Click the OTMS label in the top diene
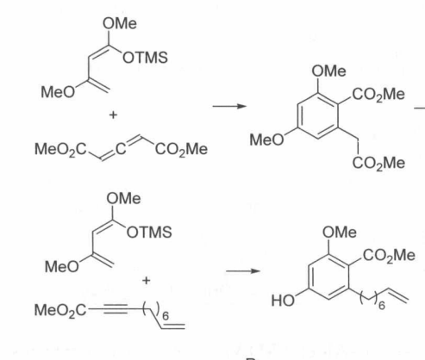[x=145, y=58]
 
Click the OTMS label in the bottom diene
[x=149, y=233]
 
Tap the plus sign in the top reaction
[x=113, y=115]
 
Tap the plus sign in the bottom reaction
[x=146, y=280]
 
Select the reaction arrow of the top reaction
[x=229, y=106]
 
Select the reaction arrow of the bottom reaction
[x=243, y=270]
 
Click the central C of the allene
[x=121, y=149]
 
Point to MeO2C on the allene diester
[x=60, y=150]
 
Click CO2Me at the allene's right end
[x=181, y=150]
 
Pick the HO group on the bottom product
[x=283, y=301]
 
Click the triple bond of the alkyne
[x=116, y=309]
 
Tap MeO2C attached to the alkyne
[x=60, y=311]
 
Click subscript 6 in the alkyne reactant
[x=166, y=316]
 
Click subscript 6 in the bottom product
[x=381, y=306]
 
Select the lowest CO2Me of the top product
[x=378, y=164]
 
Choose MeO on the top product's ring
[x=266, y=140]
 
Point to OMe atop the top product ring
[x=328, y=71]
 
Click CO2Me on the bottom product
[x=389, y=256]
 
